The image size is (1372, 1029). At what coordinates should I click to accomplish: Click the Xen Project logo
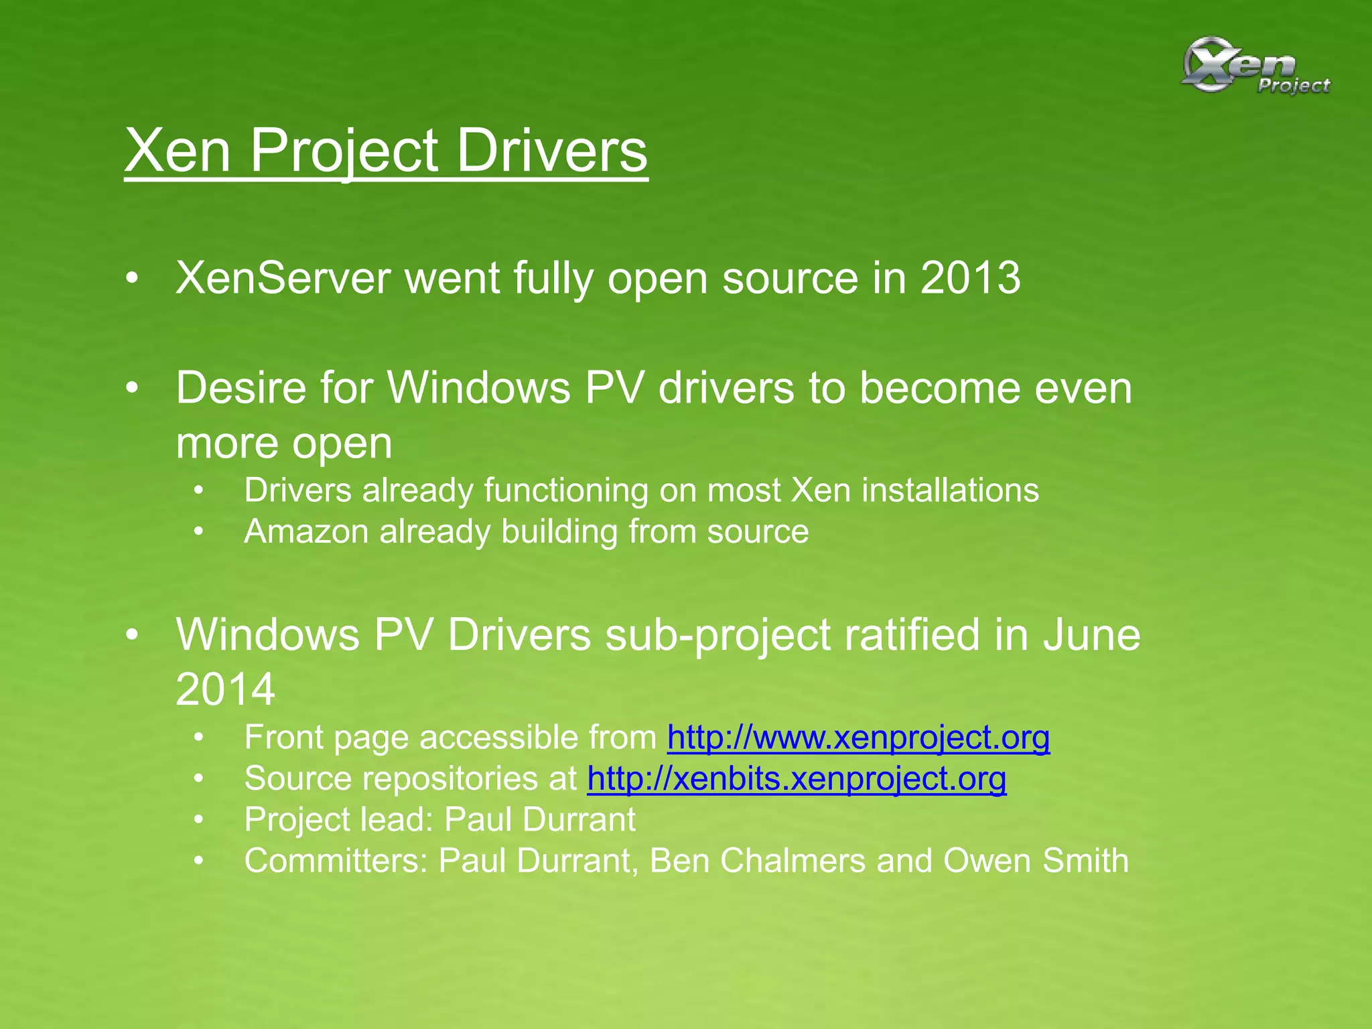1254,66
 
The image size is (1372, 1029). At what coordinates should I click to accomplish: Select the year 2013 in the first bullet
970,278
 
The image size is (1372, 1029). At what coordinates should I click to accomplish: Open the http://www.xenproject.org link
858,738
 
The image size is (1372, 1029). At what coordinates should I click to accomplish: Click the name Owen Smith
1036,861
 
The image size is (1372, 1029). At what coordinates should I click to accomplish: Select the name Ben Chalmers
758,861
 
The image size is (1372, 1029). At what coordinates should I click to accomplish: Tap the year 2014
225,689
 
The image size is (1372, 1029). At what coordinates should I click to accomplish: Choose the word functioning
565,491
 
